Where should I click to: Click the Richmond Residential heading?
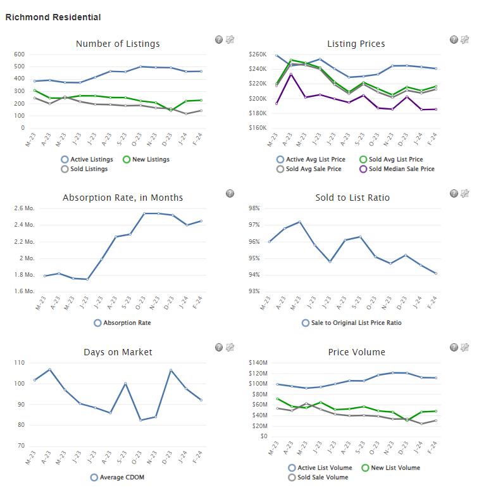coord(53,17)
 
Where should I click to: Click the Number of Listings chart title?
coord(118,44)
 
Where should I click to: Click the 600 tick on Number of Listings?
coord(19,54)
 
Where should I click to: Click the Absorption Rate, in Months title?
coord(123,198)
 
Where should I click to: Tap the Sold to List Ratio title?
coord(352,198)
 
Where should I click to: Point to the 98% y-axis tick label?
coord(254,208)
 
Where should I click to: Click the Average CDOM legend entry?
coord(118,477)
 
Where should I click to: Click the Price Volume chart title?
coord(356,352)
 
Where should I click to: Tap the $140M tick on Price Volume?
coord(258,362)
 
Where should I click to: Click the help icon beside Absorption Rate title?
coord(230,193)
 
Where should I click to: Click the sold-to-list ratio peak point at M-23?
coord(299,222)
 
